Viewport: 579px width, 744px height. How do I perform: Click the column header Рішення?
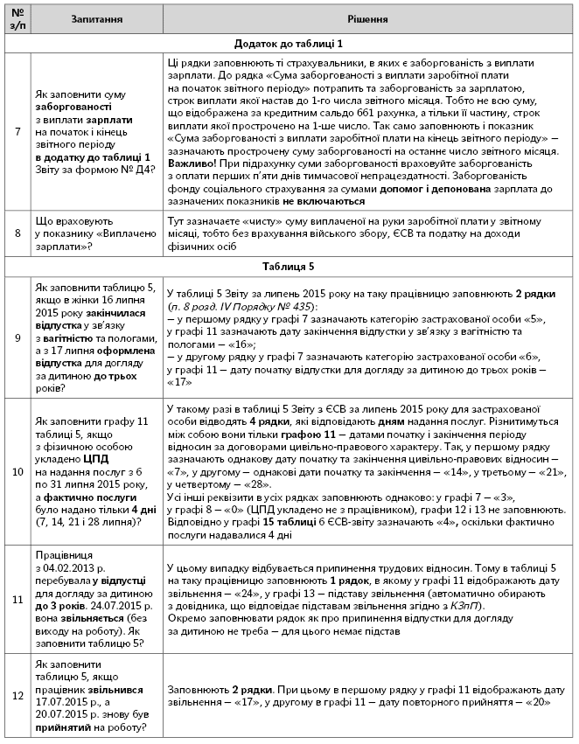(368, 18)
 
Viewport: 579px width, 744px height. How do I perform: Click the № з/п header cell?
(17, 18)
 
